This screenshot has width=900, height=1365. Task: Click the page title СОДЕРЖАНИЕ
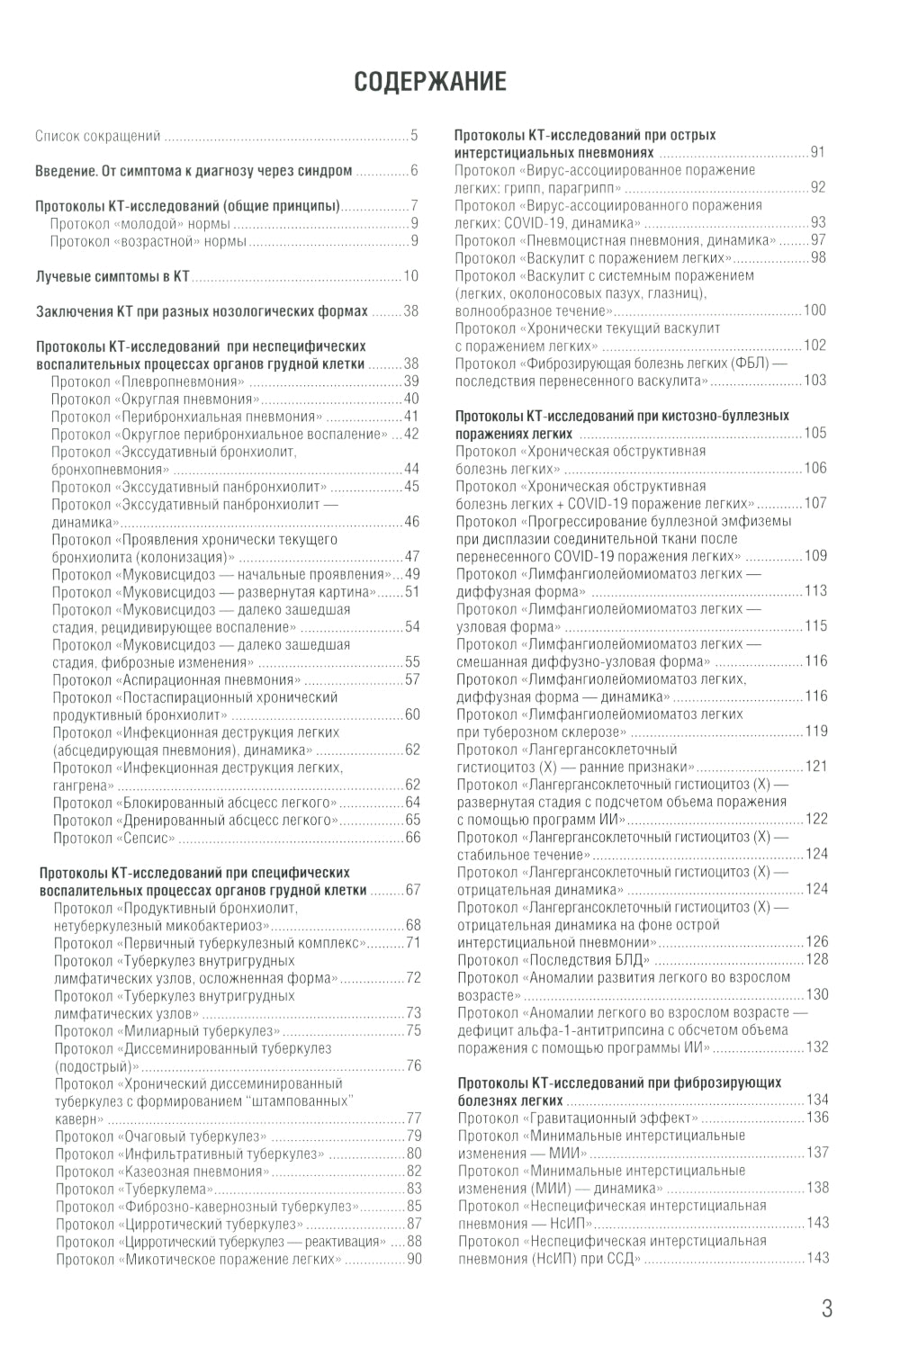tap(430, 82)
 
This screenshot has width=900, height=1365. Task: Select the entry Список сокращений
tap(97, 137)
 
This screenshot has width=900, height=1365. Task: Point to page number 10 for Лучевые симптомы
tap(411, 276)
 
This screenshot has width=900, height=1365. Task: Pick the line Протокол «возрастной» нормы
tap(148, 241)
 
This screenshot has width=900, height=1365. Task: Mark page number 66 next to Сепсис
tap(412, 839)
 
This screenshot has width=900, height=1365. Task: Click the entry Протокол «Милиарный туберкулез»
tap(166, 1031)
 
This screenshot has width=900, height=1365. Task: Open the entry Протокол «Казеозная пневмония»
tap(162, 1172)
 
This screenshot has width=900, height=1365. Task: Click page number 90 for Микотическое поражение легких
tap(414, 1260)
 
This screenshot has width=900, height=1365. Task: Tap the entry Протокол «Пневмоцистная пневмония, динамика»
tap(616, 240)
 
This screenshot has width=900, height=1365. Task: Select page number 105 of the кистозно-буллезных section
tap(814, 434)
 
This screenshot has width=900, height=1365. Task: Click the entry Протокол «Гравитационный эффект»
tap(577, 1118)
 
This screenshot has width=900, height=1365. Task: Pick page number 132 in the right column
tap(816, 1047)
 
